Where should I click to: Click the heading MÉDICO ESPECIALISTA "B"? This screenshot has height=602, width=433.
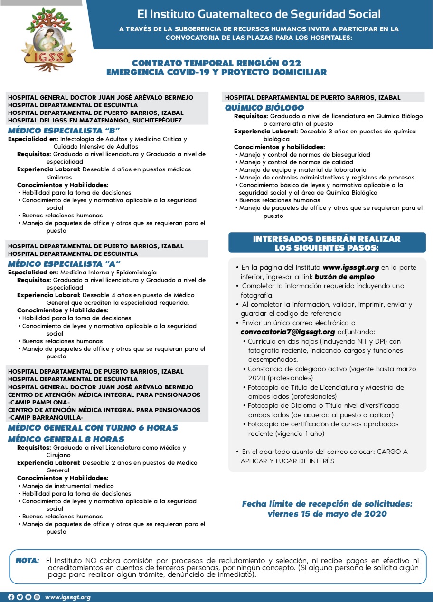coord(64,130)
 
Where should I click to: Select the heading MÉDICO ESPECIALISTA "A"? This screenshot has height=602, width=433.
coord(64,263)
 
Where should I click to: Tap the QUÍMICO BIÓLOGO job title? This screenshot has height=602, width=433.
coord(264,108)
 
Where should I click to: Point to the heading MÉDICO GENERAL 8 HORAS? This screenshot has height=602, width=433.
coord(66,439)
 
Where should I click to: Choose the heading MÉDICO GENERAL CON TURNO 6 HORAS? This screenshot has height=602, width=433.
coord(93,428)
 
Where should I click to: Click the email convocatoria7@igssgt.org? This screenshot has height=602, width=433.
coord(288,332)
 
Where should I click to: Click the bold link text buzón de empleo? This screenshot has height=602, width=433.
coord(344,277)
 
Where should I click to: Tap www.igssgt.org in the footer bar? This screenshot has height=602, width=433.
coord(67,597)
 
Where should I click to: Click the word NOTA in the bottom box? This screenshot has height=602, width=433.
coord(28,561)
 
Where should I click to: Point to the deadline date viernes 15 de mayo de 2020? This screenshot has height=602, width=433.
coord(327,514)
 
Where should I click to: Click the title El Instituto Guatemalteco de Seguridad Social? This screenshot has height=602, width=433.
coord(259,15)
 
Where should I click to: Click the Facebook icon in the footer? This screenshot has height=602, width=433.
coord(11,597)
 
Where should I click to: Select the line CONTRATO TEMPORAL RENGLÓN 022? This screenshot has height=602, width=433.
coord(216,63)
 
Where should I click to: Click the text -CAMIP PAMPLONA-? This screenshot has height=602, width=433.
coord(39,403)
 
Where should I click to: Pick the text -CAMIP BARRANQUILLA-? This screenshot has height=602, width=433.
coord(46,418)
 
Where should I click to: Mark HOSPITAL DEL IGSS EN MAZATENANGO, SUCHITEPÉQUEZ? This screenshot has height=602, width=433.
coord(95,121)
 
